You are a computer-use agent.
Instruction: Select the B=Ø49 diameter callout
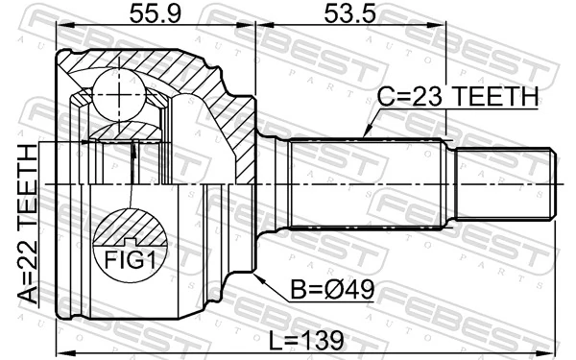pyautogui.click(x=330, y=287)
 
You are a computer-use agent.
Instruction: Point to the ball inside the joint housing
pyautogui.click(x=119, y=94)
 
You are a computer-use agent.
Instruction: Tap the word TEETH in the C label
pyautogui.click(x=494, y=96)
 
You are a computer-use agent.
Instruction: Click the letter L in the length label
pyautogui.click(x=273, y=341)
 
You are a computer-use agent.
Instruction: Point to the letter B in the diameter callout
pyautogui.click(x=299, y=287)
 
